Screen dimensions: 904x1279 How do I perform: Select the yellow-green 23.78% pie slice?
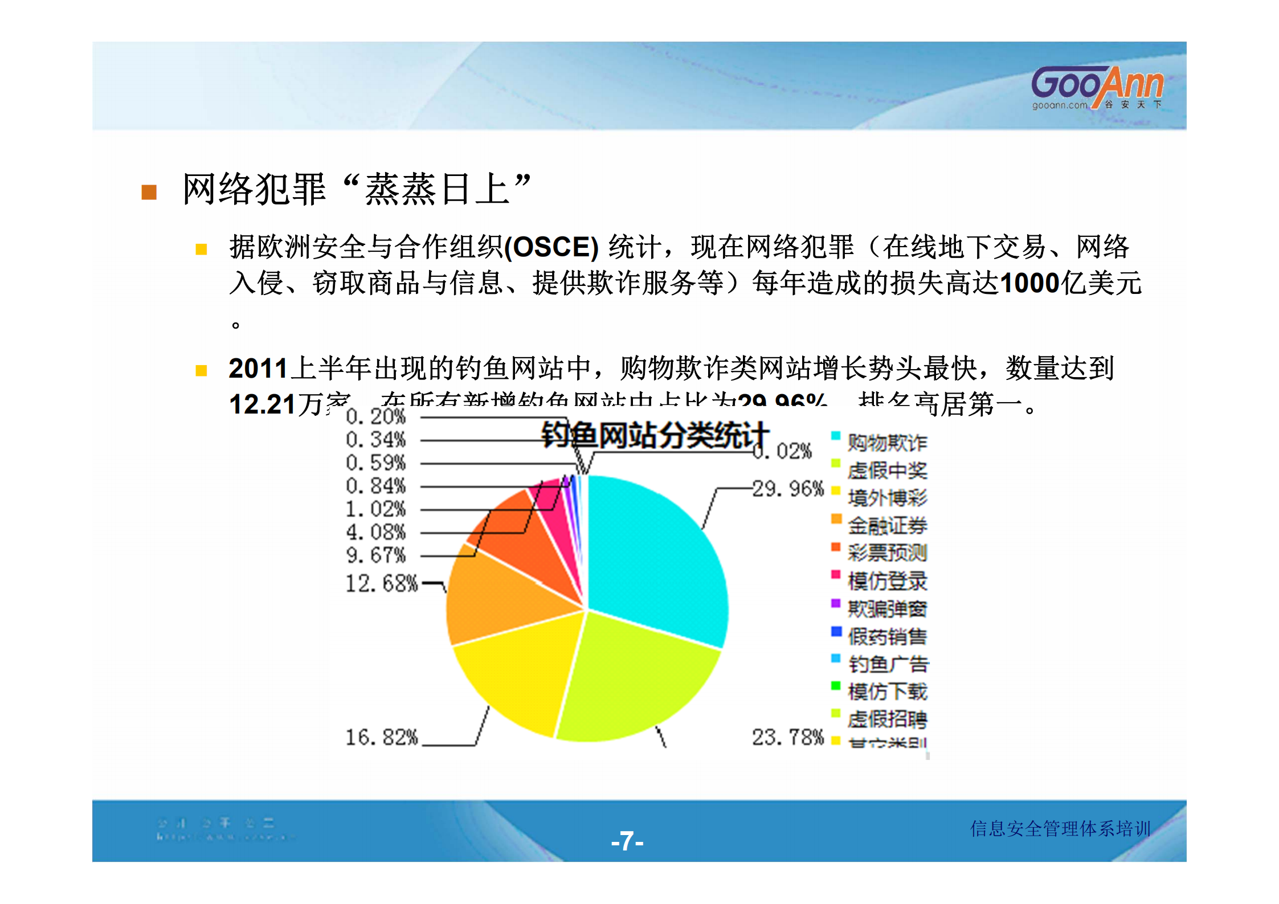632,678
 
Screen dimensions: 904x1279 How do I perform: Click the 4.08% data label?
376,532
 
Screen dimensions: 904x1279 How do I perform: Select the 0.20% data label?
376,416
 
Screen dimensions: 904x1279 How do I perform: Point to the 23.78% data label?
788,737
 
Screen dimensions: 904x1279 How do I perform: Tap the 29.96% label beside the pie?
788,489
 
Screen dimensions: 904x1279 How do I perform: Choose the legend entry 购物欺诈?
886,443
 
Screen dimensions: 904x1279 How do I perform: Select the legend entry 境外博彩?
886,498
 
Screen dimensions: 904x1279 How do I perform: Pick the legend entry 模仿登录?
886,581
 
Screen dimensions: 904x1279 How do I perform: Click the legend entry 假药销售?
886,636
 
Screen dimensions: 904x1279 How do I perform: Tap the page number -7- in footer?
627,841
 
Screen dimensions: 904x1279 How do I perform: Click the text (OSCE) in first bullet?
551,247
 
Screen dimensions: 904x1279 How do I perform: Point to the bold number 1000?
1029,283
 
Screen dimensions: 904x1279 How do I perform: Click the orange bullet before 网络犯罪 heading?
149,193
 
